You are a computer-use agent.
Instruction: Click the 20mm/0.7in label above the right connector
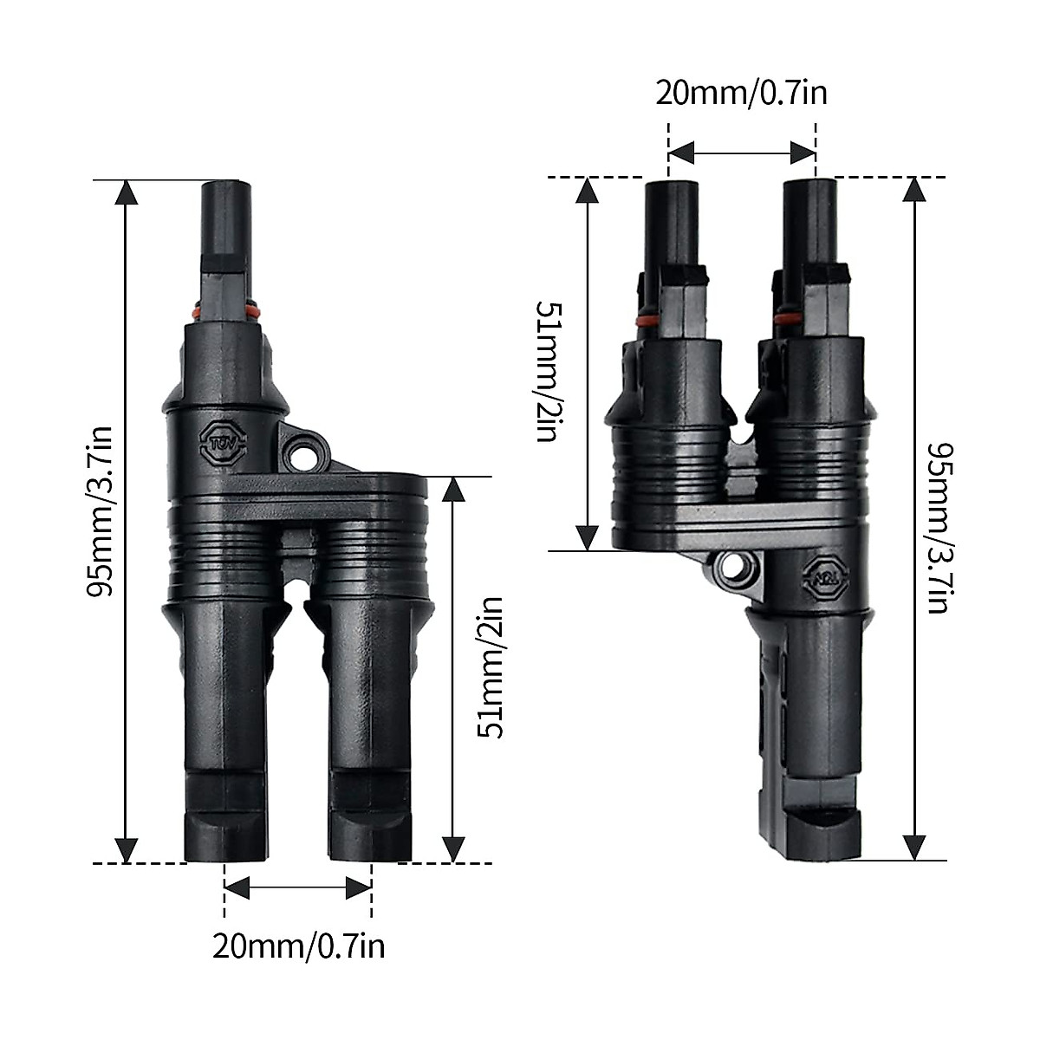coord(741,93)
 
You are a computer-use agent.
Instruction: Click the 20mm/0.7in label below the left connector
coord(298,946)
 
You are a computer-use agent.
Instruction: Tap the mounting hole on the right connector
coord(738,573)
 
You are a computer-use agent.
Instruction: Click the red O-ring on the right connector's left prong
coord(646,321)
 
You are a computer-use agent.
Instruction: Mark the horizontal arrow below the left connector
coord(298,887)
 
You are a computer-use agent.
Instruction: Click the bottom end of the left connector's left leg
coord(221,854)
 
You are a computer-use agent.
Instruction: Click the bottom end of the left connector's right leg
coord(368,854)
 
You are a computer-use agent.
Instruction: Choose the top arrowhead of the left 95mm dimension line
coord(127,192)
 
